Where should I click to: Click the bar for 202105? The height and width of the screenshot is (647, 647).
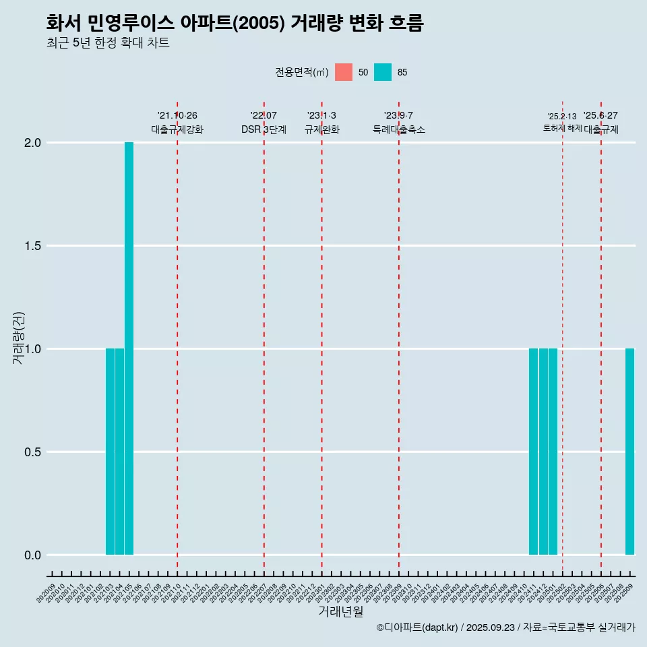pyautogui.click(x=129, y=348)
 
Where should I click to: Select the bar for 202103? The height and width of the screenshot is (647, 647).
pyautogui.click(x=110, y=452)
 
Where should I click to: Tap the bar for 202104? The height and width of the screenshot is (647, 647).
pyautogui.click(x=119, y=452)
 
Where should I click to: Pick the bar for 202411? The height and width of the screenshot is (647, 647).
pyautogui.click(x=533, y=452)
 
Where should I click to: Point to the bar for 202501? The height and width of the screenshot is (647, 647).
pyautogui.click(x=553, y=452)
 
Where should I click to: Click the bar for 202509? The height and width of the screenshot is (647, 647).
pyautogui.click(x=629, y=452)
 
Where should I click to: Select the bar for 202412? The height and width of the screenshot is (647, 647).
pyautogui.click(x=543, y=452)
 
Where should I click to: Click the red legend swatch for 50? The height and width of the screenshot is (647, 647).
pyautogui.click(x=344, y=72)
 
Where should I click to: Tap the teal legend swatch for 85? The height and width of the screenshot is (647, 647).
pyautogui.click(x=383, y=72)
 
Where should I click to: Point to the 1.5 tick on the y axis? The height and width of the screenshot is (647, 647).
pyautogui.click(x=32, y=246)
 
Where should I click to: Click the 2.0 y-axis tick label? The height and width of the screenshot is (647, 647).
pyautogui.click(x=32, y=143)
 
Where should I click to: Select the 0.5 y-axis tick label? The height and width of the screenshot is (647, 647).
pyautogui.click(x=32, y=452)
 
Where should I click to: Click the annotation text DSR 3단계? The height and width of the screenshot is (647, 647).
pyautogui.click(x=264, y=130)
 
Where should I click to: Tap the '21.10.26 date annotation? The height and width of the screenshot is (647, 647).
pyautogui.click(x=177, y=116)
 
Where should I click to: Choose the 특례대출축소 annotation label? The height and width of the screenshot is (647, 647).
pyautogui.click(x=399, y=130)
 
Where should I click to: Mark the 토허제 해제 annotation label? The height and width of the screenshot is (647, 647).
pyautogui.click(x=562, y=128)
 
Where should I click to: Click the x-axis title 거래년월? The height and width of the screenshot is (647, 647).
pyautogui.click(x=340, y=612)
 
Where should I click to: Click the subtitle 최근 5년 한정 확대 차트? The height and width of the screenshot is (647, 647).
pyautogui.click(x=108, y=43)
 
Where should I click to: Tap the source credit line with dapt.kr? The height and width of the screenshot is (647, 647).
pyautogui.click(x=505, y=628)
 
